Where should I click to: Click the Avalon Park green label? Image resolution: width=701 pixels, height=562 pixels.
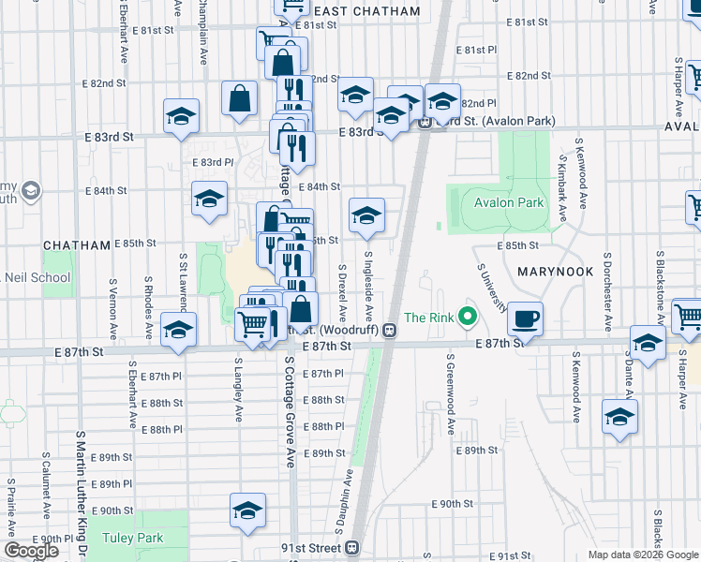click(x=509, y=202)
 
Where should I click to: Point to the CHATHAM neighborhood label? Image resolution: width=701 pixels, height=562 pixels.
click(x=78, y=244)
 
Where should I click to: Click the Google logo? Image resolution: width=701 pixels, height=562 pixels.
click(x=31, y=550)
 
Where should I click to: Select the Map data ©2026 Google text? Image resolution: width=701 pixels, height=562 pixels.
click(x=642, y=555)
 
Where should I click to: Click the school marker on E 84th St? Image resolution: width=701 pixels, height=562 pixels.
click(x=209, y=198)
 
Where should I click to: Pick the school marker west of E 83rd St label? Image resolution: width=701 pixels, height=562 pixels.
click(x=181, y=116)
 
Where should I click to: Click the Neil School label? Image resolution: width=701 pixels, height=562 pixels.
click(x=36, y=277)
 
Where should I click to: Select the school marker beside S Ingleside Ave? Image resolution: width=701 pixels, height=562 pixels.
click(x=367, y=215)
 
